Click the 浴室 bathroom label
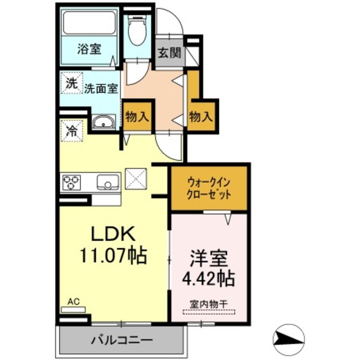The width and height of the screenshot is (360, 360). click(89, 49)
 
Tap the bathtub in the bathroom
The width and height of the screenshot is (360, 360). click(89, 23)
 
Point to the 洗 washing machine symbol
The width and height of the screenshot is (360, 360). click(71, 84)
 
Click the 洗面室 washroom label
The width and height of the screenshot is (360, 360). click(101, 88)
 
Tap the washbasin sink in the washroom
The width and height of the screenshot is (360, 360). click(103, 123)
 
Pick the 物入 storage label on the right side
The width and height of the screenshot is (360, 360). click(201, 117)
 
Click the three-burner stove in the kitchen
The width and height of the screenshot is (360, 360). click(72, 182)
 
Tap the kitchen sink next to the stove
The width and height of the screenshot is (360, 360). click(106, 182)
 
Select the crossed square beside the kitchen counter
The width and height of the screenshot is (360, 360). click(136, 181)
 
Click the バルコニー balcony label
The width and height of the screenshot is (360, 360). click(121, 341)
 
